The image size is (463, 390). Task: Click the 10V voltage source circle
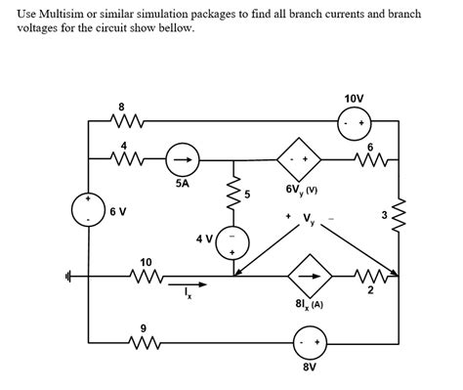point(354,123)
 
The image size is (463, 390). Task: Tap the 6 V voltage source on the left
point(89,210)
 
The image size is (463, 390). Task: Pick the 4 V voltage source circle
point(232,241)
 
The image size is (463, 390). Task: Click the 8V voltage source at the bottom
point(312,343)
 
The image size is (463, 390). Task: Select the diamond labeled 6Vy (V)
point(298,157)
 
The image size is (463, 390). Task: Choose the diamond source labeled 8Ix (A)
point(312,276)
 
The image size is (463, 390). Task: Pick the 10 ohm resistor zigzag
point(147,276)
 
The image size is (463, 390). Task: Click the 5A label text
point(183,182)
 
